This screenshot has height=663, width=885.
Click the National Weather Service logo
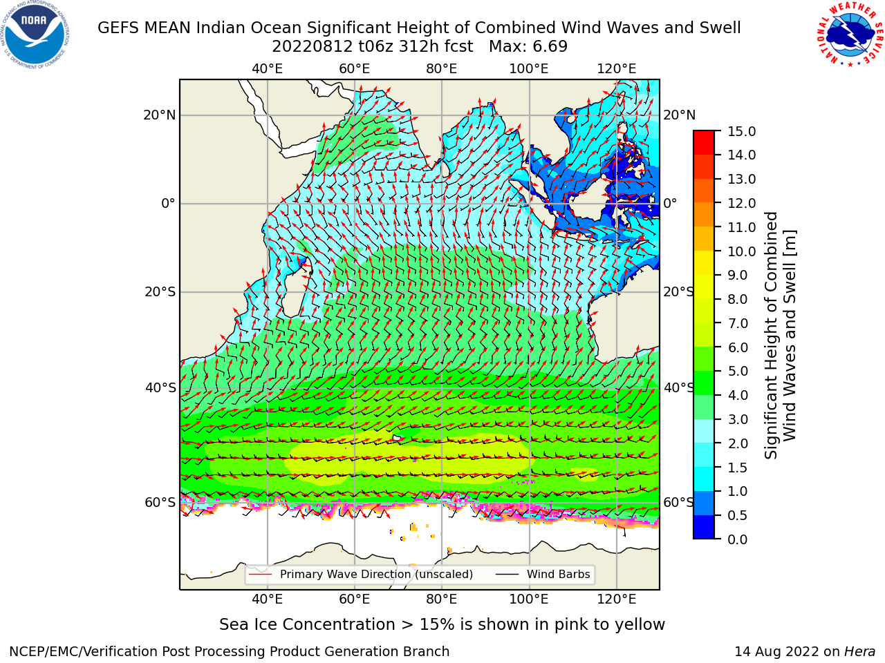click(x=850, y=35)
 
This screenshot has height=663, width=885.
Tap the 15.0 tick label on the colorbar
click(x=741, y=131)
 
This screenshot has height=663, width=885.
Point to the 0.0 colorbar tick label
click(x=738, y=539)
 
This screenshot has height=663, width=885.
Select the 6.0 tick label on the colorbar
click(x=738, y=347)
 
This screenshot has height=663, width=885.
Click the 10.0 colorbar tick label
click(x=741, y=251)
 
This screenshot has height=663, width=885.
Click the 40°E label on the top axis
click(x=268, y=69)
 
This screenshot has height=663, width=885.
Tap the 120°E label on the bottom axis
click(x=617, y=599)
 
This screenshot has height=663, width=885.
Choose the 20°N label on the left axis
click(x=160, y=115)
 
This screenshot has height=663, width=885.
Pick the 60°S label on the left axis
click(x=160, y=503)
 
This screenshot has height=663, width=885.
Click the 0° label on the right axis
click(x=670, y=203)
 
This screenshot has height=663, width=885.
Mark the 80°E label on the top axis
click(x=442, y=69)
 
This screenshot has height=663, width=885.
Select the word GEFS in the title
click(x=119, y=28)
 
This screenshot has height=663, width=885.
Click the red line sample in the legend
click(x=260, y=575)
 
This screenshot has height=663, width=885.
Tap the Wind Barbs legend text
click(x=559, y=575)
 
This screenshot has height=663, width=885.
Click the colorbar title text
click(x=780, y=336)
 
